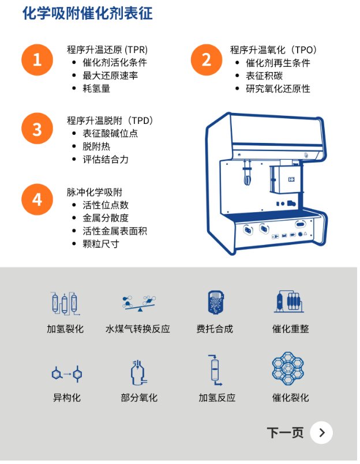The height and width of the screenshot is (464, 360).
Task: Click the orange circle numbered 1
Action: (x=37, y=60)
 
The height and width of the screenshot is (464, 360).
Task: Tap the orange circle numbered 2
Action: (x=206, y=60)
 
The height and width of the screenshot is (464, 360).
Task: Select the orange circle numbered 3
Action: (x=37, y=129)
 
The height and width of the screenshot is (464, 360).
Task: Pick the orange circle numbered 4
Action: (x=37, y=199)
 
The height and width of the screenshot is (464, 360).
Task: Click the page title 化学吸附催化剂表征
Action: (x=88, y=13)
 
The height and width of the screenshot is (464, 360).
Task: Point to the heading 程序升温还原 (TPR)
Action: (x=107, y=50)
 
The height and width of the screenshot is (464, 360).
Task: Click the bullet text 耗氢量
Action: (x=96, y=89)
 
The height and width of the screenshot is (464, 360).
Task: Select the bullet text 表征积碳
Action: (x=264, y=76)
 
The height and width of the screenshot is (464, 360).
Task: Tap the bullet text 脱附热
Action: (x=96, y=146)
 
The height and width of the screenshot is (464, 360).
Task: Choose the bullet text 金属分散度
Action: (x=106, y=218)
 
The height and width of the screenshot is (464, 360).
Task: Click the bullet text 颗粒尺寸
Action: (x=101, y=244)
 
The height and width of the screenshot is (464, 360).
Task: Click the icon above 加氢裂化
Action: (x=65, y=303)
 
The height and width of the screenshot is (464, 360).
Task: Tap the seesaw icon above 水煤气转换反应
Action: (x=138, y=303)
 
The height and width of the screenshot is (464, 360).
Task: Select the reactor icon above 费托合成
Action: (x=215, y=302)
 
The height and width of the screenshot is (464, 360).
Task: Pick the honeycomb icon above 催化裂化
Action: (x=288, y=368)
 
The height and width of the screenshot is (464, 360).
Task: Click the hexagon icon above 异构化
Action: (x=67, y=374)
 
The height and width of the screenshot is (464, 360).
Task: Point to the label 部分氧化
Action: (x=139, y=397)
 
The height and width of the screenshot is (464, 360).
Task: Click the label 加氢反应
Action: (x=217, y=397)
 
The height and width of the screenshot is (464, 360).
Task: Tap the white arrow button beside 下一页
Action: (x=321, y=433)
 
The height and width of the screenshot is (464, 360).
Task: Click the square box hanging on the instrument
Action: (x=286, y=179)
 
